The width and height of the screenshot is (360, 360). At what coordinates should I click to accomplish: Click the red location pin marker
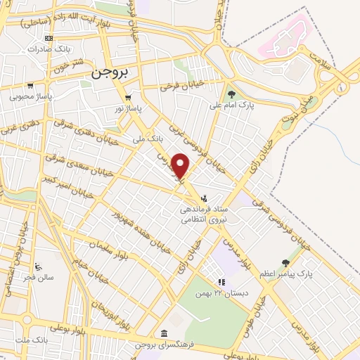click(x=181, y=166)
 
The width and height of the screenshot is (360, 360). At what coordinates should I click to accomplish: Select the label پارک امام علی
click(x=231, y=105)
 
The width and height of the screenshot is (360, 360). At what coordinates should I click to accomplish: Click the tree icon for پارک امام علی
click(x=231, y=94)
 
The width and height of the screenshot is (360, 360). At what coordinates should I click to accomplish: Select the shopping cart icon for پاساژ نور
click(x=127, y=98)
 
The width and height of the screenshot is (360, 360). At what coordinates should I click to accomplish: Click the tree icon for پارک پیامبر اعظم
click(x=285, y=262)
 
